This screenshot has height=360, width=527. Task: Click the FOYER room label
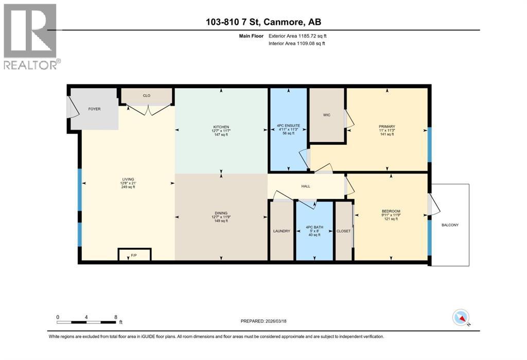click(94, 109)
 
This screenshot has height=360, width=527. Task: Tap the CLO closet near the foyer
click(146, 95)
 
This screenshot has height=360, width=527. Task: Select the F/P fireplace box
click(134, 254)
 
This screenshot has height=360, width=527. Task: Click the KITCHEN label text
click(221, 127)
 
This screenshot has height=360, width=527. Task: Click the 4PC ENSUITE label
click(288, 126)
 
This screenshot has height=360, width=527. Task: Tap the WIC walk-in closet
click(326, 115)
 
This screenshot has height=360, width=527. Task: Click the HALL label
click(306, 186)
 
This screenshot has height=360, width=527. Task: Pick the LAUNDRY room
click(282, 231)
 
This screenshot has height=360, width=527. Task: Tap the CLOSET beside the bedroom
click(343, 231)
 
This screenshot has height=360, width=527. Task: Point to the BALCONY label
click(450, 225)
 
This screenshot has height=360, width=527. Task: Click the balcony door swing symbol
click(433, 205)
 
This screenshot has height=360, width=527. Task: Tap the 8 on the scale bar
click(116, 317)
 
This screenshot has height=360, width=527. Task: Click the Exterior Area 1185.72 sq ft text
click(297, 36)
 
